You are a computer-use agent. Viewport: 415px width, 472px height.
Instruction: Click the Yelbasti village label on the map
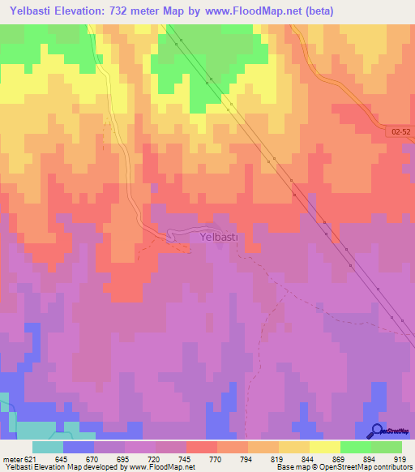point(218,237)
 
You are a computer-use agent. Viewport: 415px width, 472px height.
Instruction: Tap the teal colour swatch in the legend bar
point(48,448)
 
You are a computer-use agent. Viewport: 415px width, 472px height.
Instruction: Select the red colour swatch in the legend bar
point(201,448)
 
